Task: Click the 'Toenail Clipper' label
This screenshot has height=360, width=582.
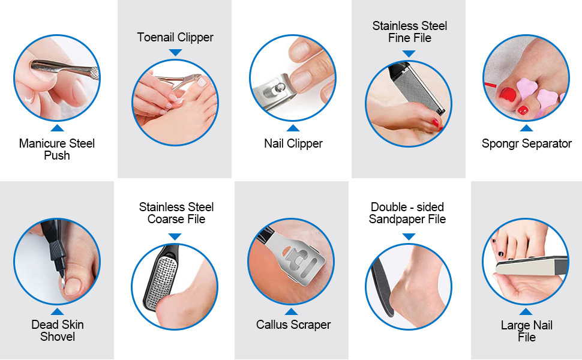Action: tap(175, 37)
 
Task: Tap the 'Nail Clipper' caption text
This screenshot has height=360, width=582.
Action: tap(293, 143)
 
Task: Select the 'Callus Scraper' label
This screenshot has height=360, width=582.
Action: tap(293, 325)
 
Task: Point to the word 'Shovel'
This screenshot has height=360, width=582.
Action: tap(58, 337)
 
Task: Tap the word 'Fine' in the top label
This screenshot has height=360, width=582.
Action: tap(399, 38)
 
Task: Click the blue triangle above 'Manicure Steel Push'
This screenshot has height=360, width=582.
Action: tap(57, 128)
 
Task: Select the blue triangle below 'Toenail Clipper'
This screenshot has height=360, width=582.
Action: tap(175, 53)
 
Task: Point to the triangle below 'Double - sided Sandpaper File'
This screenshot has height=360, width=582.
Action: tap(409, 236)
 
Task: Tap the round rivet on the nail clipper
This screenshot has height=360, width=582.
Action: tap(277, 89)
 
